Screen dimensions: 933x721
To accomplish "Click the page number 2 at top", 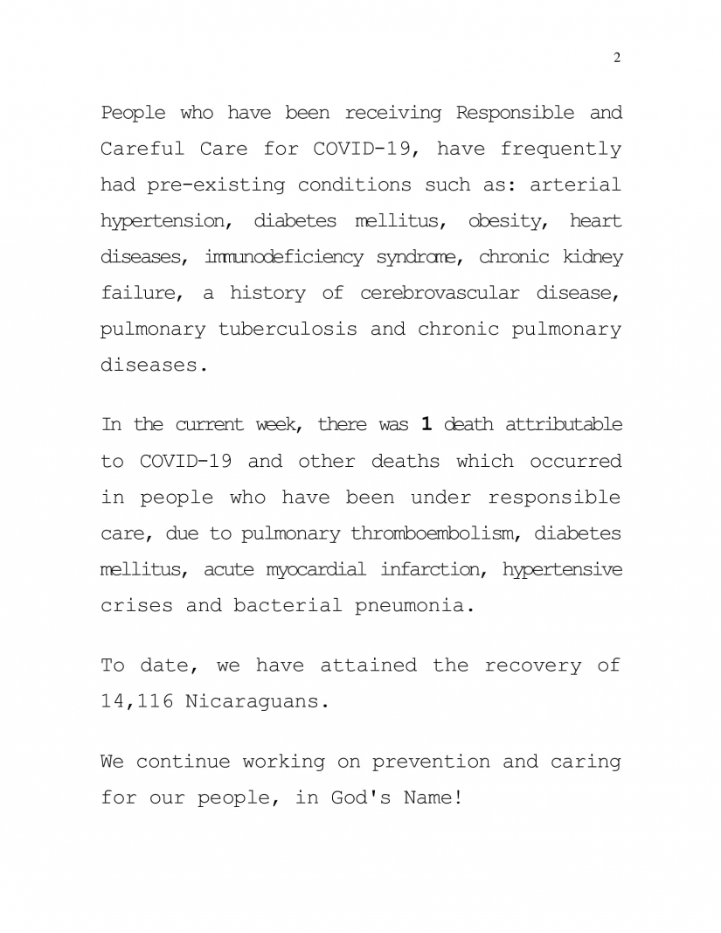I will coord(617,58).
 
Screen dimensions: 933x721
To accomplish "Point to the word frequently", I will coord(561,149).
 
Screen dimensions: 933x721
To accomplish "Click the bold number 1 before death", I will coord(426,425).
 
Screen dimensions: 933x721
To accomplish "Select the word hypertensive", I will coord(563,569).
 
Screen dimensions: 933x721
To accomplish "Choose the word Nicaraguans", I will coord(256,701).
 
